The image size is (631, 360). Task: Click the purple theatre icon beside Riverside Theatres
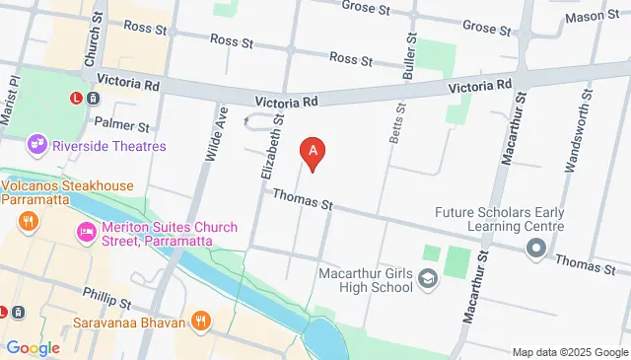coord(38,146)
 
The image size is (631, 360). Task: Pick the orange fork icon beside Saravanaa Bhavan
coord(202,321)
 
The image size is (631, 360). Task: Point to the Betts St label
coord(396,123)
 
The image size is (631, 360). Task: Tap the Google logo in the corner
coord(33,347)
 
